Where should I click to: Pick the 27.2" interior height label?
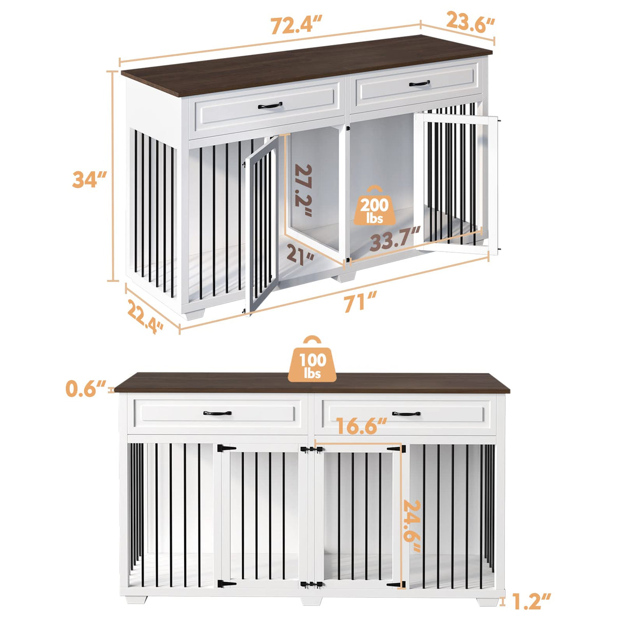(303, 191)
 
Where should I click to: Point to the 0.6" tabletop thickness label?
(86, 389)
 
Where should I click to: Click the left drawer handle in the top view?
(270, 106)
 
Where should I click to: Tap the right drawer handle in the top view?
(419, 83)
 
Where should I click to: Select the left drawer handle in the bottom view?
(217, 413)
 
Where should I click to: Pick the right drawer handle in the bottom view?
(406, 413)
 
